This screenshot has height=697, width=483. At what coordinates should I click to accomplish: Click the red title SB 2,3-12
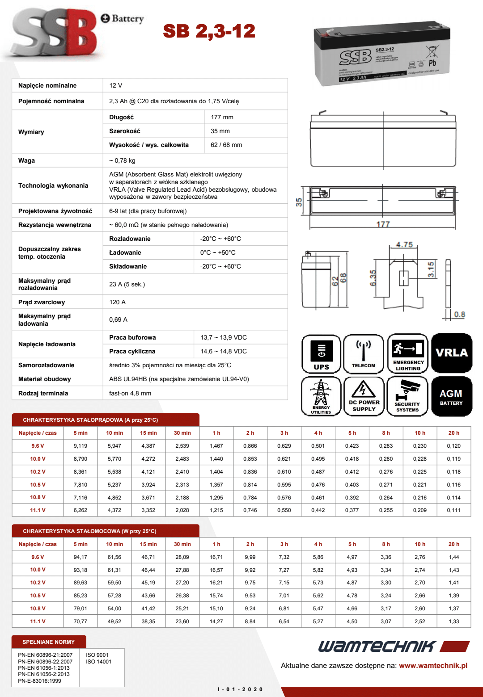(x=209, y=31)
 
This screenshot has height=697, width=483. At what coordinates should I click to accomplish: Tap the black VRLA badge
(x=452, y=353)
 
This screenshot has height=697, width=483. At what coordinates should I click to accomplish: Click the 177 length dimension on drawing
(x=383, y=224)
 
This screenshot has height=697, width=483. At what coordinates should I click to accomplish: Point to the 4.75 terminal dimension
(x=404, y=245)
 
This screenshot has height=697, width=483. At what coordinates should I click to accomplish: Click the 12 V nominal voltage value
(x=115, y=85)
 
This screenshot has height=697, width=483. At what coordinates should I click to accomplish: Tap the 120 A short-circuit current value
(x=117, y=302)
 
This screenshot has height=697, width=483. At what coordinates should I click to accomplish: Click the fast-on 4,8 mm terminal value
(x=130, y=393)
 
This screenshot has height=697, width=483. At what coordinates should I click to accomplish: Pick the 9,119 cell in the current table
(x=80, y=446)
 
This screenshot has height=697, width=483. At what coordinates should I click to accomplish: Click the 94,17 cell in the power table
(x=80, y=557)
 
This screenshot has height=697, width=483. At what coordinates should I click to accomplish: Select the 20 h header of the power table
(x=454, y=544)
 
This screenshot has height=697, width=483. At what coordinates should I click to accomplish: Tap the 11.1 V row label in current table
(x=38, y=510)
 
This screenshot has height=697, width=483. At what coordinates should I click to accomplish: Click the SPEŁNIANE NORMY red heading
(x=49, y=642)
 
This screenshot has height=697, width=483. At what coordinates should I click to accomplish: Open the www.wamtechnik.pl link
(x=433, y=665)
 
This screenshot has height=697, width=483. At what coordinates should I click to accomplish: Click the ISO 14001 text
(x=98, y=662)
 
